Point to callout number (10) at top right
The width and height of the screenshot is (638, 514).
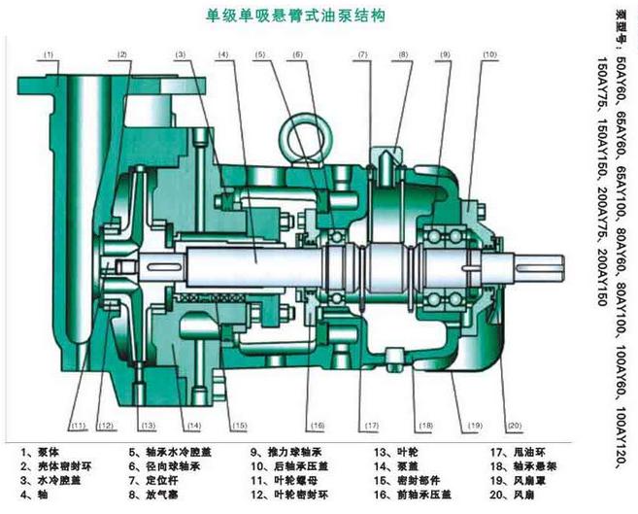(x=487, y=54)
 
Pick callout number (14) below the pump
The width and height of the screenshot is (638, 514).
(x=194, y=427)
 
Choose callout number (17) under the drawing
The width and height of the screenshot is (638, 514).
(x=371, y=427)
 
